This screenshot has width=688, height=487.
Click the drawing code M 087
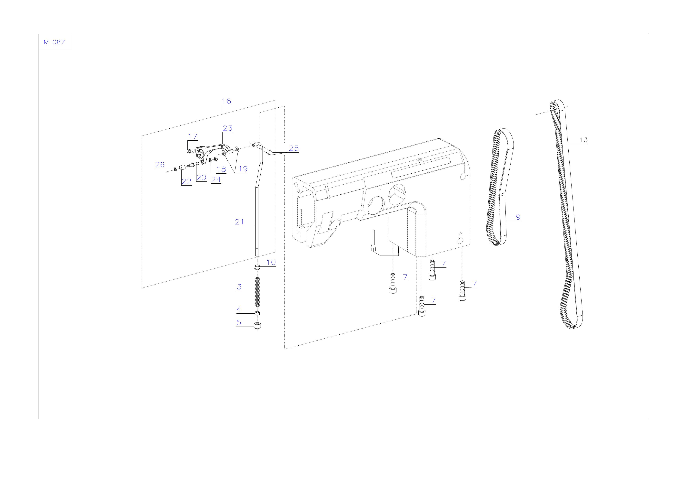(54, 42)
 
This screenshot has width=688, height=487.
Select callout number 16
(226, 101)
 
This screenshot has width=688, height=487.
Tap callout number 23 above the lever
(227, 128)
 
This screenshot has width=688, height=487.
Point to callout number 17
(193, 136)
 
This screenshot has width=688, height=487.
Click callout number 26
(160, 165)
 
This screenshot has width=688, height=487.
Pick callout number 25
(294, 148)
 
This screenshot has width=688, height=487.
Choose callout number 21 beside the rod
(239, 222)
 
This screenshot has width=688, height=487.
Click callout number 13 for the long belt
(584, 140)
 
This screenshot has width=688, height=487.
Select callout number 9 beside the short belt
(518, 217)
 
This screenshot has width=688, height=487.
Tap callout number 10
(271, 263)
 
